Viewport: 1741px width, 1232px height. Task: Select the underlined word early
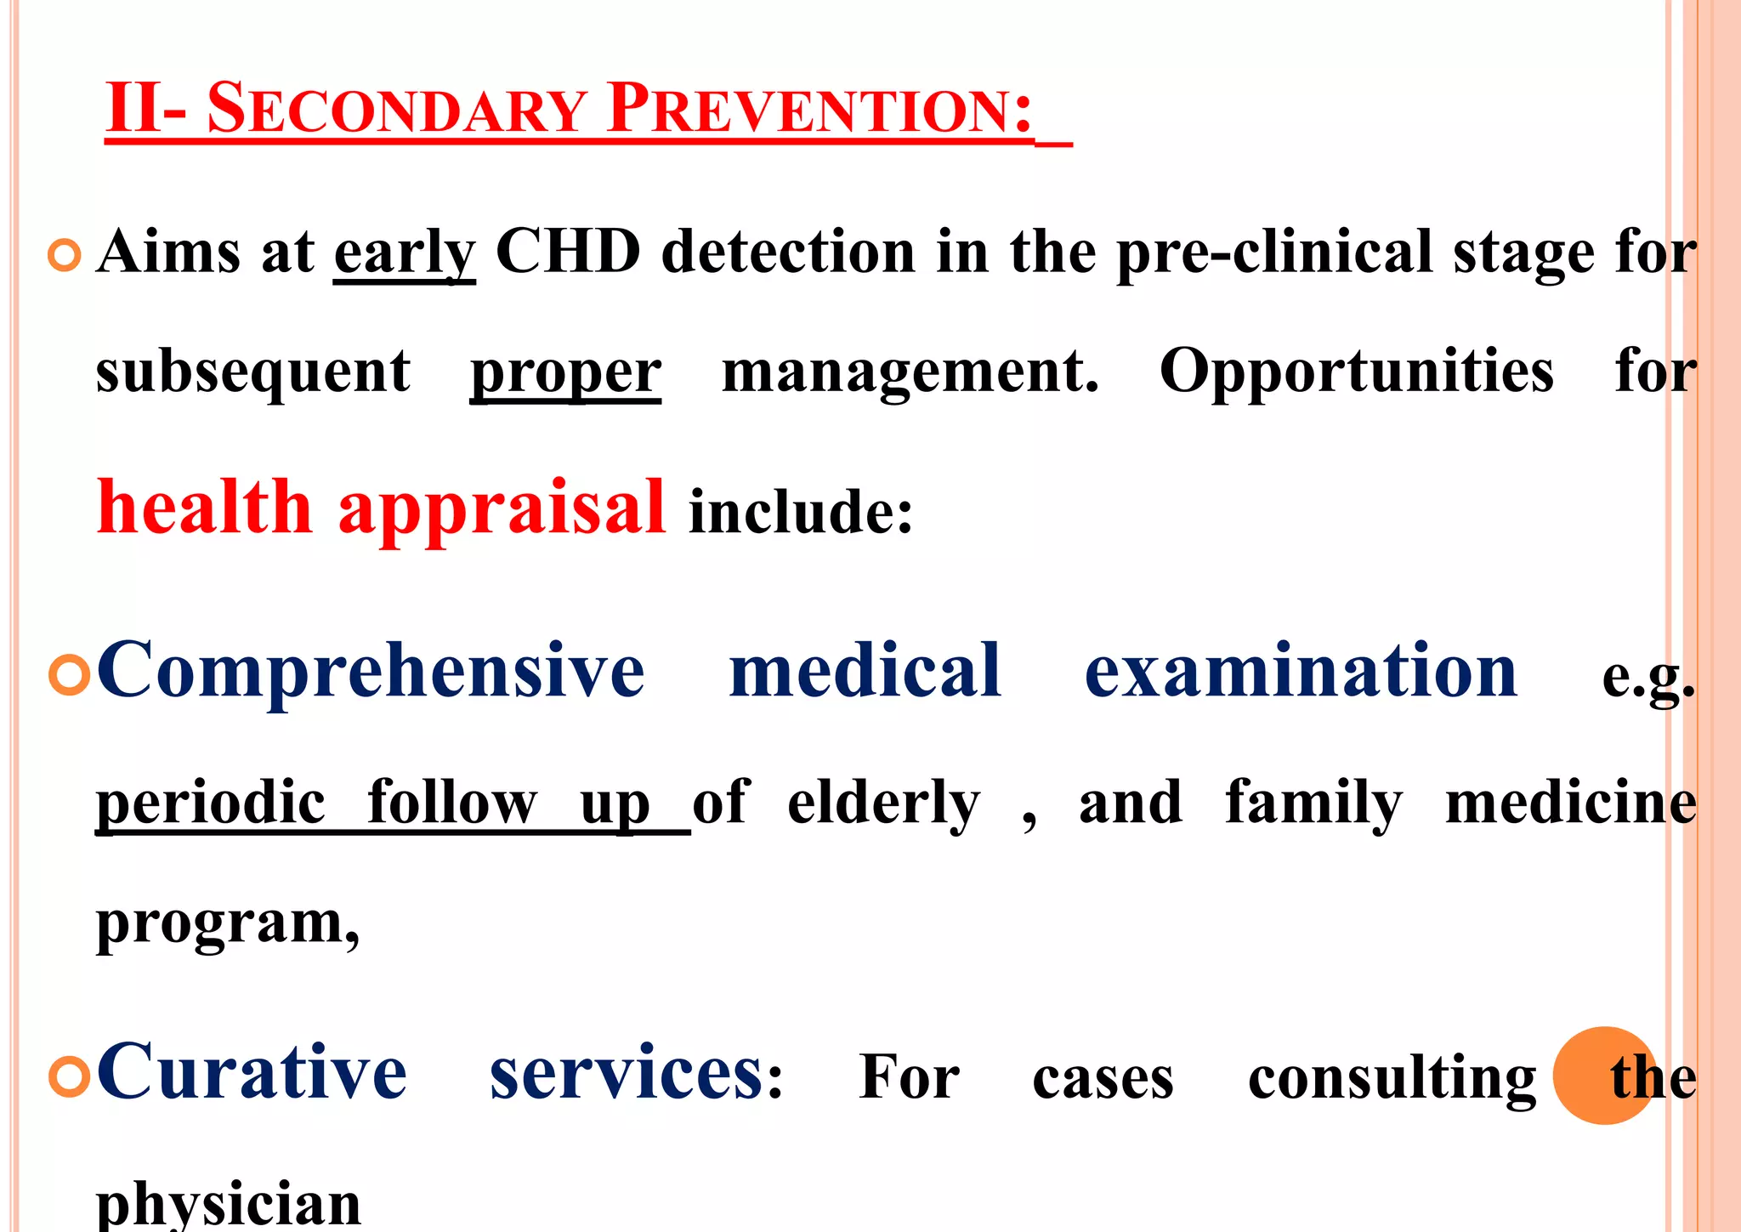point(404,253)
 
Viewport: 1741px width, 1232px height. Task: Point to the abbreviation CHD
point(568,252)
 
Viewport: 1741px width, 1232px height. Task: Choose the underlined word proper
point(565,372)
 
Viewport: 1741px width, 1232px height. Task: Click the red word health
point(205,508)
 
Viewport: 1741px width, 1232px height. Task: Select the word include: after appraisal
point(801,512)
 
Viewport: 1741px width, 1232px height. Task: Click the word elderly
point(883,803)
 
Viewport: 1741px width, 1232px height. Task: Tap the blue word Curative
point(252,1073)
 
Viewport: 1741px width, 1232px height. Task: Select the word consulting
point(1392,1078)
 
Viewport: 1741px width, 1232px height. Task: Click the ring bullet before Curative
point(70,1076)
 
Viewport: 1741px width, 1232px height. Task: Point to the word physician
point(229,1206)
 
